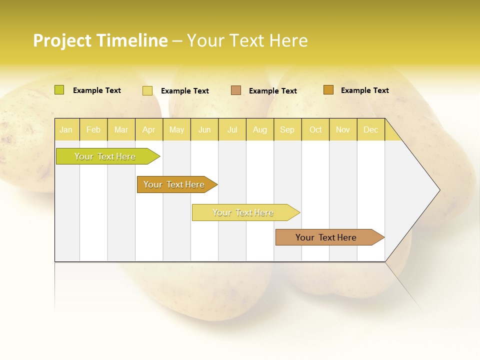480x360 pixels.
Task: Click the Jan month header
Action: (x=66, y=129)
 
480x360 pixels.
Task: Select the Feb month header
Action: (x=93, y=129)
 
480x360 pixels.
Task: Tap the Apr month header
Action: (x=149, y=129)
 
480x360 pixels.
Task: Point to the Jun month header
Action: (x=204, y=129)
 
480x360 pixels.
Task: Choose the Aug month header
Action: (x=260, y=129)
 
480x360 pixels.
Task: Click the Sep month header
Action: (x=287, y=129)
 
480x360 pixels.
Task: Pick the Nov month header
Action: (x=343, y=129)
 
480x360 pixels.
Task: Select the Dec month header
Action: (x=371, y=129)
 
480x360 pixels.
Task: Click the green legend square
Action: (x=59, y=90)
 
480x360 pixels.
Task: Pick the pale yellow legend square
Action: (x=147, y=90)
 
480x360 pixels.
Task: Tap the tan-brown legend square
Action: (x=236, y=90)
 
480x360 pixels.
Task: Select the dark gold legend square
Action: (x=328, y=90)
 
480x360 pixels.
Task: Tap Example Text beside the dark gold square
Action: (x=364, y=90)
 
